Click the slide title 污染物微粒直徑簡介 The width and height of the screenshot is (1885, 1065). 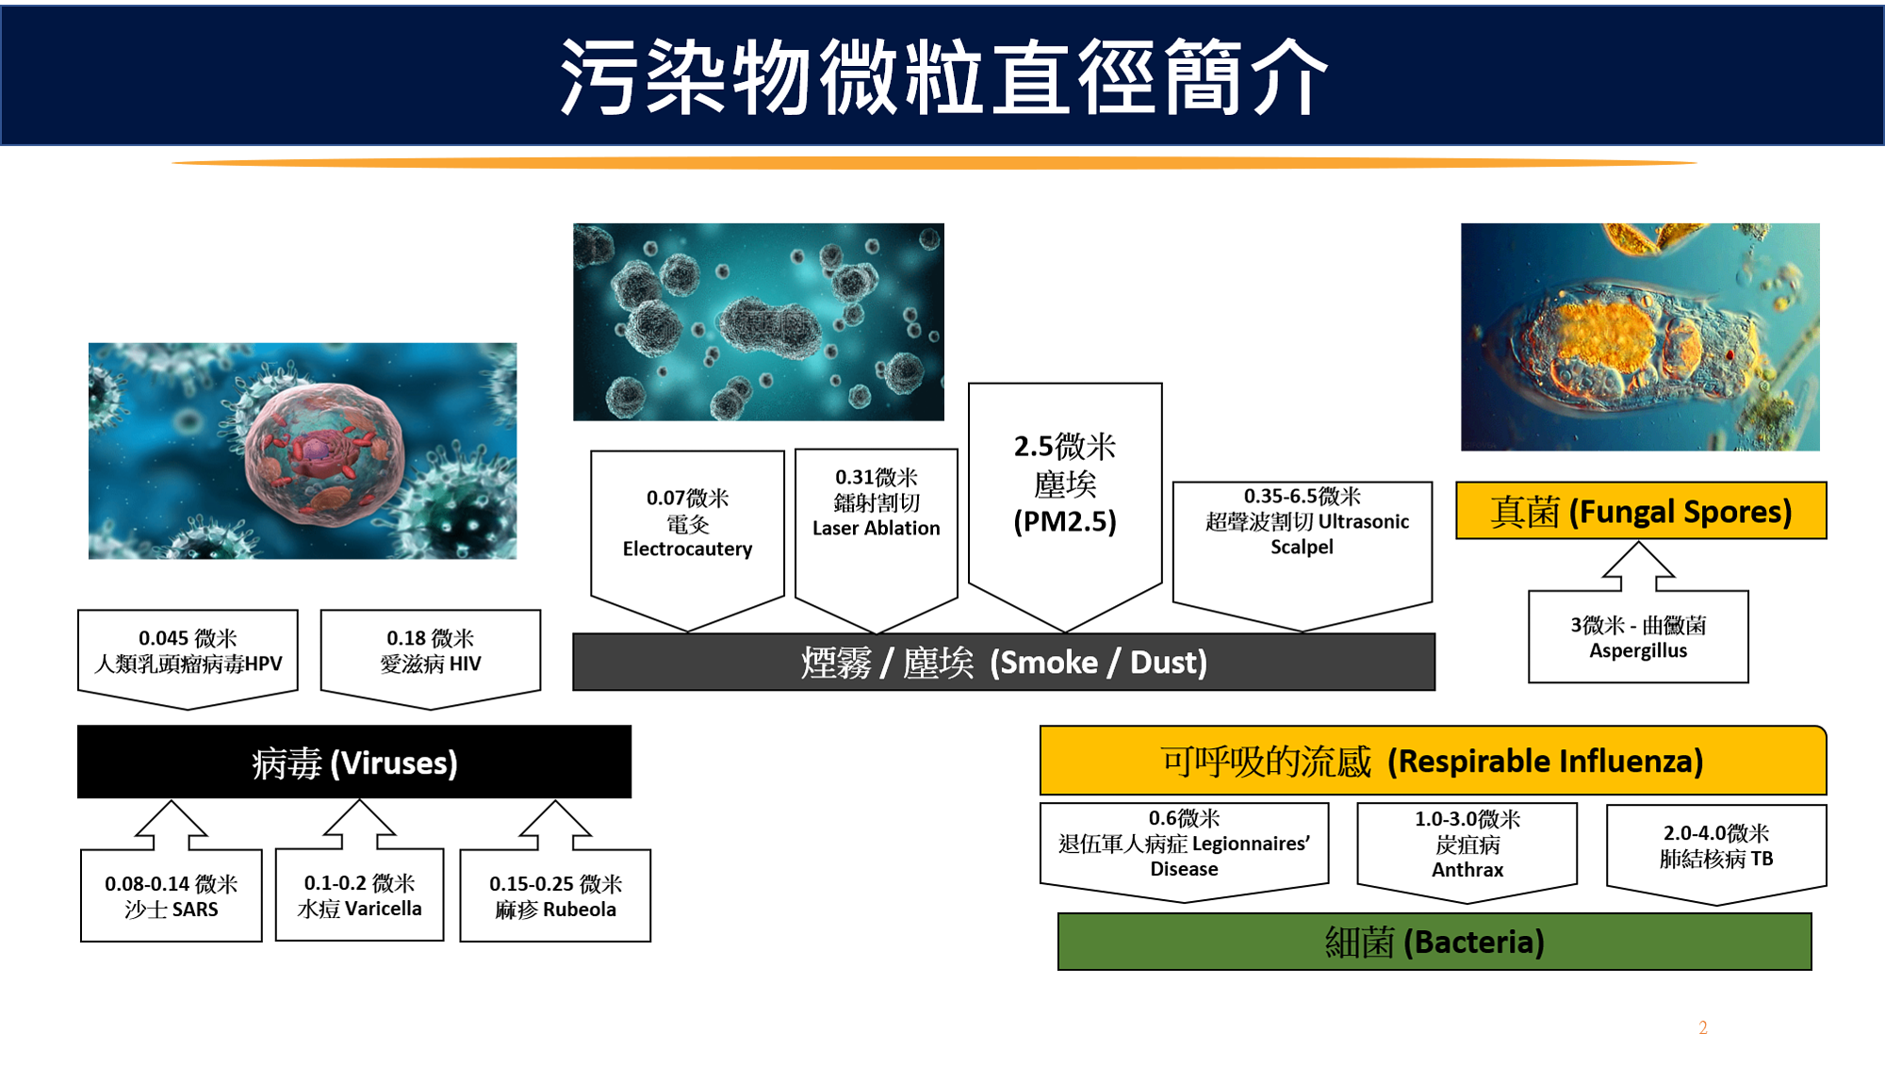pos(943,76)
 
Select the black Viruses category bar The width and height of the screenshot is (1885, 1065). pos(354,762)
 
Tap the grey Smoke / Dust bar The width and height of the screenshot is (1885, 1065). pos(1004,662)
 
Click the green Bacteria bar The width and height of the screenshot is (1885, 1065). pos(1434,942)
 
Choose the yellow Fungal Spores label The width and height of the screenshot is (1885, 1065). pos(1641,511)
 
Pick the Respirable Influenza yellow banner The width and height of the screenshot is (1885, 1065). pos(1433,761)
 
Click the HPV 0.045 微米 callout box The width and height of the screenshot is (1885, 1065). pos(188,658)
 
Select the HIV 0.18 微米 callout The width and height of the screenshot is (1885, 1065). pos(431,658)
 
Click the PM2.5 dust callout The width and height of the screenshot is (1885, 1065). pos(1065,505)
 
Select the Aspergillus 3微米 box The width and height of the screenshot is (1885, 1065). pos(1638,636)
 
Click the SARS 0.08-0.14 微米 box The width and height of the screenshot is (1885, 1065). pos(172,895)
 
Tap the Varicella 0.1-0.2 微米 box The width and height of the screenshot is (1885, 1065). pos(359,894)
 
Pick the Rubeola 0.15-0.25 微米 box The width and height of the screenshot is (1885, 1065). pos(555,895)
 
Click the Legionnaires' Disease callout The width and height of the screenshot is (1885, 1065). pos(1184,851)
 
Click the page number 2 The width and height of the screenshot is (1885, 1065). pos(1703,1027)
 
